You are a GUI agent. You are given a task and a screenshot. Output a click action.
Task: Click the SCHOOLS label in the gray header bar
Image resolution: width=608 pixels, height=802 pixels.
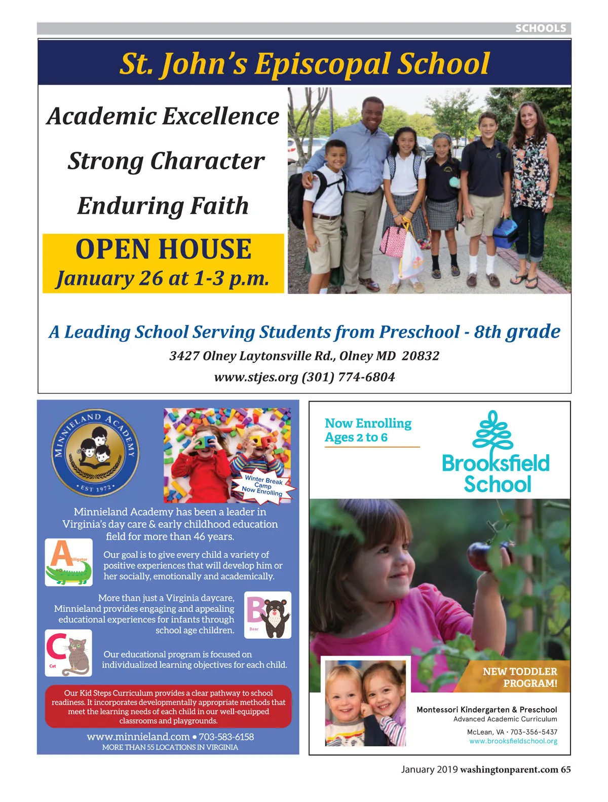click(x=540, y=28)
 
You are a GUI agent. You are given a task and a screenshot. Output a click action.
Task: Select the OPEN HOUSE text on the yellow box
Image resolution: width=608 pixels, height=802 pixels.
click(x=163, y=249)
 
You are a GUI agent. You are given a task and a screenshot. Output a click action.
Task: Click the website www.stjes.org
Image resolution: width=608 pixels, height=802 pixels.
click(x=256, y=377)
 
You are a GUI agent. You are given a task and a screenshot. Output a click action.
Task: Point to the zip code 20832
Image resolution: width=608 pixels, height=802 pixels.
click(x=420, y=356)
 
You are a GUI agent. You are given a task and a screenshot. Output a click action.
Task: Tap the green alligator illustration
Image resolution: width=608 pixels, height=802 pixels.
click(x=69, y=574)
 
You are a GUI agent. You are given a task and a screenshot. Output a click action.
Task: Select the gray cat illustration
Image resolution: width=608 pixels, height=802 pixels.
click(x=75, y=657)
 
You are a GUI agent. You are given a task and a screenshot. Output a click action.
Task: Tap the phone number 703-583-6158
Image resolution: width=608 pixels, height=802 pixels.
click(x=226, y=737)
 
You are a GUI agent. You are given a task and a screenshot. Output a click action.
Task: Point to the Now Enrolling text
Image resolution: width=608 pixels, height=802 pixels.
click(x=368, y=423)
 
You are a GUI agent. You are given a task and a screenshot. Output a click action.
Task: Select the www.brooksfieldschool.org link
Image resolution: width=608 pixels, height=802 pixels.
click(x=513, y=741)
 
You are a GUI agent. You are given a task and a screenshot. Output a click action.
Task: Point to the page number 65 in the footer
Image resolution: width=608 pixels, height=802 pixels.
click(x=565, y=770)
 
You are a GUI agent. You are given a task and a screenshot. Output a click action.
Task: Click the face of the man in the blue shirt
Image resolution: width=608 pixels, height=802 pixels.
click(x=373, y=114)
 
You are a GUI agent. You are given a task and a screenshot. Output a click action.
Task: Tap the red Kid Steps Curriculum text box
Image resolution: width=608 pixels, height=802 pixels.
click(x=168, y=707)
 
